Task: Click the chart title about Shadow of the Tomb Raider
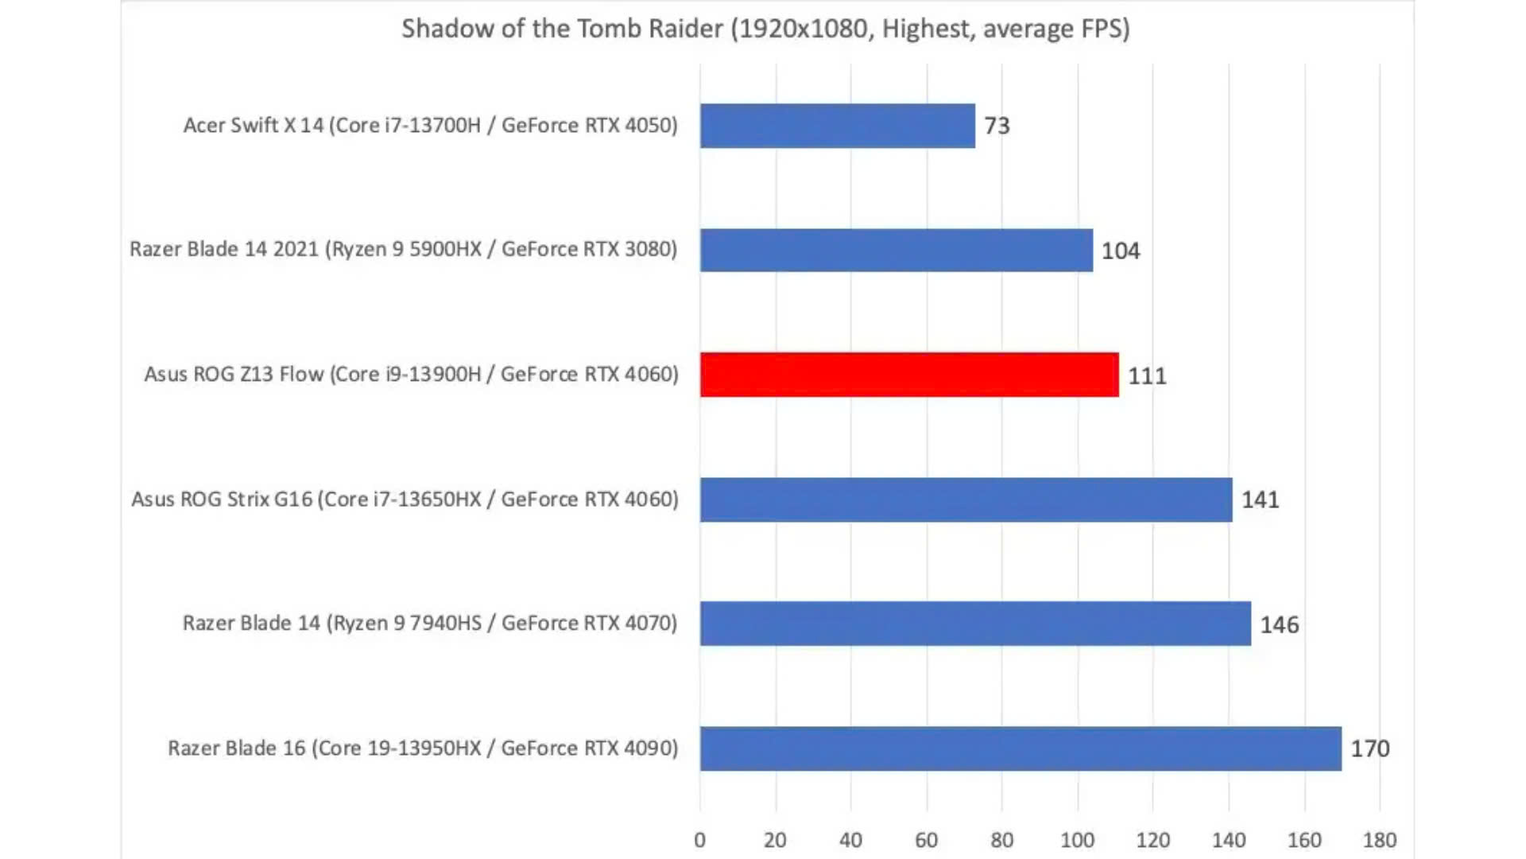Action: click(x=765, y=29)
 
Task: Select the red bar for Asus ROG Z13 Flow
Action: click(x=908, y=375)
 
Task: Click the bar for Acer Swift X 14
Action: click(x=837, y=126)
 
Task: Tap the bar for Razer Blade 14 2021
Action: click(x=896, y=251)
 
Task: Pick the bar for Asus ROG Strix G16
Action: click(x=966, y=499)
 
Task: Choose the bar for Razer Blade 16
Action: click(x=1020, y=748)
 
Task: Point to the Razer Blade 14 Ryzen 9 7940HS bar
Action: click(x=975, y=624)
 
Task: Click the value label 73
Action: click(x=997, y=126)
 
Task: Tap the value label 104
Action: click(x=1120, y=251)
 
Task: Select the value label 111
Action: click(x=1147, y=375)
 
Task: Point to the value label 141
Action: click(x=1260, y=500)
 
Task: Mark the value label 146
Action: click(x=1279, y=625)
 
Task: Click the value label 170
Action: click(x=1369, y=749)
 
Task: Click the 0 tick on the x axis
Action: click(x=699, y=840)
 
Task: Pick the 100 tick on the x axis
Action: click(x=1077, y=840)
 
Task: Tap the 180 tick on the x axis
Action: click(x=1379, y=840)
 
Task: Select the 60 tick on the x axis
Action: click(x=926, y=840)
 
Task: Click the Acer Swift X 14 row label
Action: click(x=430, y=126)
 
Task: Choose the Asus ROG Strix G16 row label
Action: click(x=405, y=499)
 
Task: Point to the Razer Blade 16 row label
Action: click(x=423, y=748)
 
